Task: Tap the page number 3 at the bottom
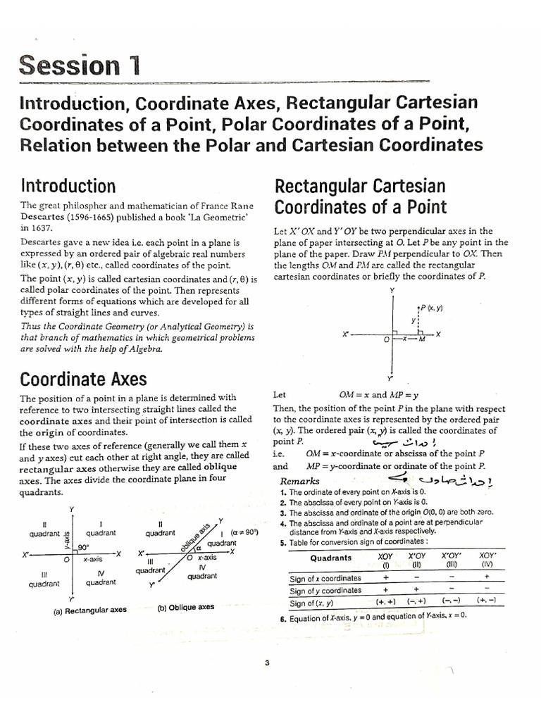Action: [x=268, y=641]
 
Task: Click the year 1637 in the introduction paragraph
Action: [x=32, y=228]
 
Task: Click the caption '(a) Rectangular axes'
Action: [x=90, y=610]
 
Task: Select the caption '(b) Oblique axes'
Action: [x=186, y=606]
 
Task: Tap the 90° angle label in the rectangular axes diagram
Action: [x=83, y=547]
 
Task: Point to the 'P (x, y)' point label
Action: [x=430, y=308]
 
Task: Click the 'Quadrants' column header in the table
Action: [x=330, y=558]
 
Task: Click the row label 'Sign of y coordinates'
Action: [x=326, y=590]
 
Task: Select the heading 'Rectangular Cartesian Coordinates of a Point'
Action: [x=360, y=196]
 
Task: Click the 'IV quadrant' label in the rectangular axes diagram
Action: [x=101, y=578]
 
